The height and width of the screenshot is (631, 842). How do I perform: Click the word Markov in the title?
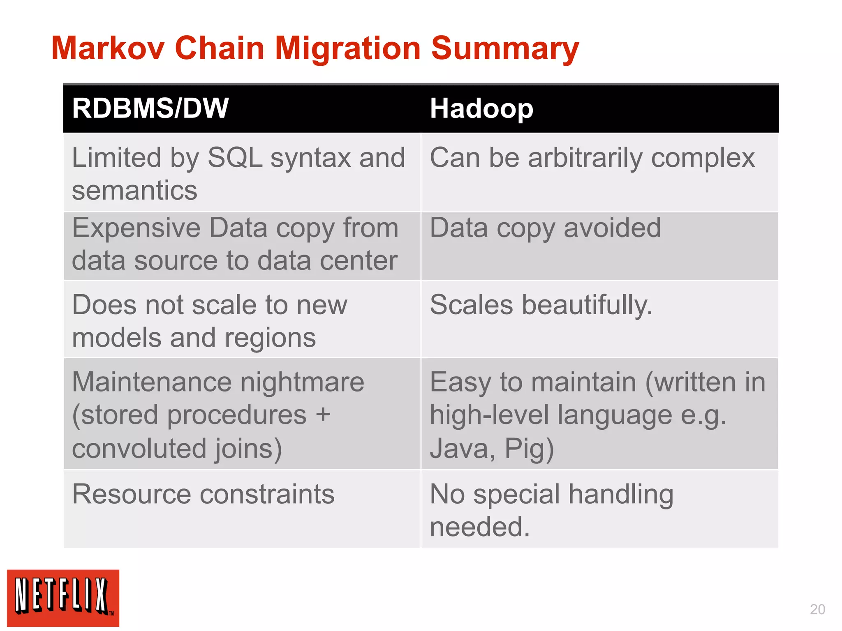(108, 48)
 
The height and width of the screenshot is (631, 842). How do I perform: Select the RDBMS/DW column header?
(150, 108)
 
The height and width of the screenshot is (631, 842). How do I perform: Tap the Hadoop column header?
(481, 109)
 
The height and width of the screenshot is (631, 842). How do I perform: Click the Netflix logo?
(63, 598)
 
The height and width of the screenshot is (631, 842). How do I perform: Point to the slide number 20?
(817, 609)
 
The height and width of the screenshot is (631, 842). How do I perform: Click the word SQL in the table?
(235, 158)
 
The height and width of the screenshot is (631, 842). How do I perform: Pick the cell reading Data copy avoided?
(545, 228)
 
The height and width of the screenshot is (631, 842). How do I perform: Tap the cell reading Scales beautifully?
(541, 305)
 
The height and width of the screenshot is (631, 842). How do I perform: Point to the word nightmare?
(302, 382)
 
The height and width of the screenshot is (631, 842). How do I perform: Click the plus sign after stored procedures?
(323, 414)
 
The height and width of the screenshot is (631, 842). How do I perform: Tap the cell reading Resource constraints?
(203, 494)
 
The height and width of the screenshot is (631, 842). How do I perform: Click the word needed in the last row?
(479, 527)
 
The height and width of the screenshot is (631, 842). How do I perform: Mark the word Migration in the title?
(347, 48)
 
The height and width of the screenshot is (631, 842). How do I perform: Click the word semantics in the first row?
(134, 191)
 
